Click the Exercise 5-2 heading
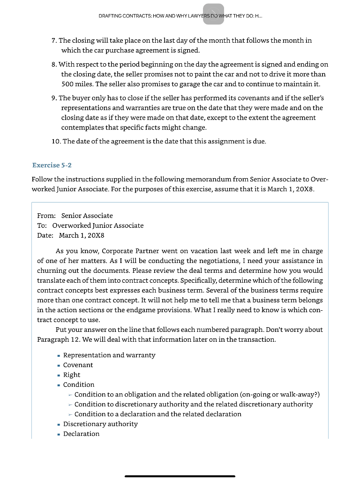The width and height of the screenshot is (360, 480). coord(52,165)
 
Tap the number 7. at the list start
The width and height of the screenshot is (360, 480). coord(54,40)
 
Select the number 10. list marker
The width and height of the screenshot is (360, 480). coord(56,141)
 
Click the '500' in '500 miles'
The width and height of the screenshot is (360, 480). coord(69,84)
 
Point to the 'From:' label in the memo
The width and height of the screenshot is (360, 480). coord(46,216)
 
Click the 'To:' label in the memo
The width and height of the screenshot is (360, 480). coord(42,225)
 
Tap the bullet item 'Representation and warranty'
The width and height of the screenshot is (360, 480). coord(109,355)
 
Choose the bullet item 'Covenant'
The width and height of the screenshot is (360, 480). coord(78,365)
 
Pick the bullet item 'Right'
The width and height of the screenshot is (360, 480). coord(72,375)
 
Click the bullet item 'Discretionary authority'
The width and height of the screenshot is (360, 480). coord(100,424)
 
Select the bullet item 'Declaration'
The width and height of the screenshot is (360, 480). coord(81,434)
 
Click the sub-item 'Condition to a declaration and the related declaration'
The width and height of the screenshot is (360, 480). coord(157,414)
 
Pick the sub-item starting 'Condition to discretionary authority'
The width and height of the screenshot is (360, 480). coord(193,404)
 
